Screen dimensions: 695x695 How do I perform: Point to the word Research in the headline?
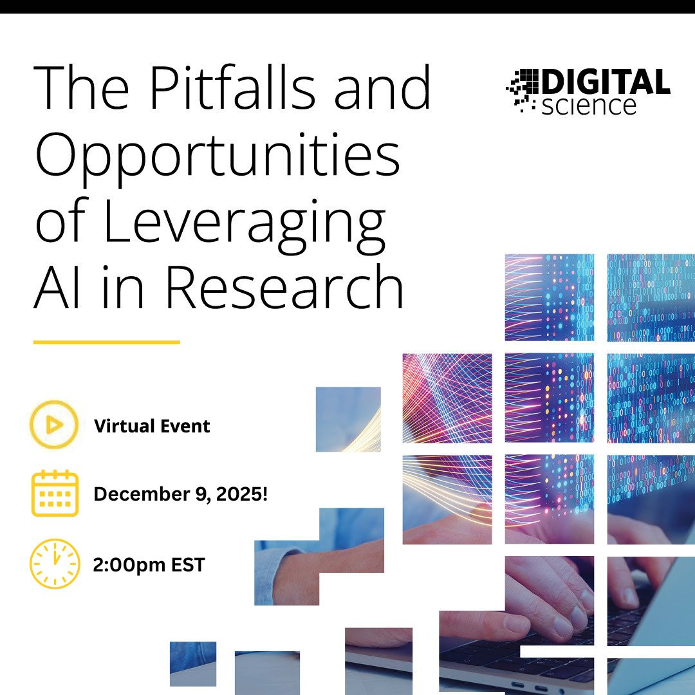pyautogui.click(x=284, y=286)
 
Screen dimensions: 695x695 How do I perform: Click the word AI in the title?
pyautogui.click(x=57, y=286)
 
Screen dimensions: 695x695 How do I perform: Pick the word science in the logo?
pyautogui.click(x=589, y=106)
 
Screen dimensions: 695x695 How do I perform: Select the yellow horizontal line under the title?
pyautogui.click(x=106, y=342)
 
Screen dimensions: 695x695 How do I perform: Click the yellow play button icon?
pyautogui.click(x=54, y=425)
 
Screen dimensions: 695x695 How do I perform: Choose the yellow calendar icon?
pyautogui.click(x=55, y=494)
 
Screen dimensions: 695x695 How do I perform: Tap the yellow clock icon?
pyautogui.click(x=55, y=564)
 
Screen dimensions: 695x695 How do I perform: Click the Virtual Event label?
pyautogui.click(x=152, y=426)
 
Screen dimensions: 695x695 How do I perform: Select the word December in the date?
pyautogui.click(x=136, y=494)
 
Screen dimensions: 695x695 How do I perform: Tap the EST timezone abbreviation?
pyautogui.click(x=188, y=565)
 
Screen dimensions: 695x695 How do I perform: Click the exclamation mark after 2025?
pyautogui.click(x=265, y=494)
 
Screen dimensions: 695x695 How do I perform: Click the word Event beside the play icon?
pyautogui.click(x=185, y=426)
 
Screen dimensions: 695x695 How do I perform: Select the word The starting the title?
pyautogui.click(x=81, y=87)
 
